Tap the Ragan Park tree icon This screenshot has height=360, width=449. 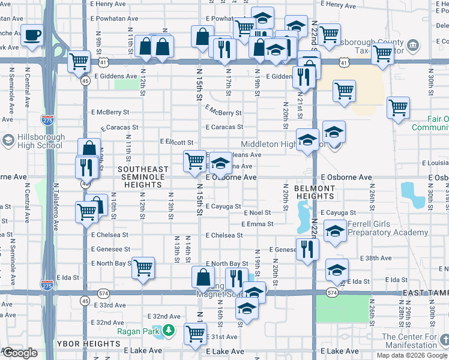[169, 331]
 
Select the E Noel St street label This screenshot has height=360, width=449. [258, 212]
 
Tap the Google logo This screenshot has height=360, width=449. [19, 353]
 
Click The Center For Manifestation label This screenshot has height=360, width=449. [409, 341]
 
